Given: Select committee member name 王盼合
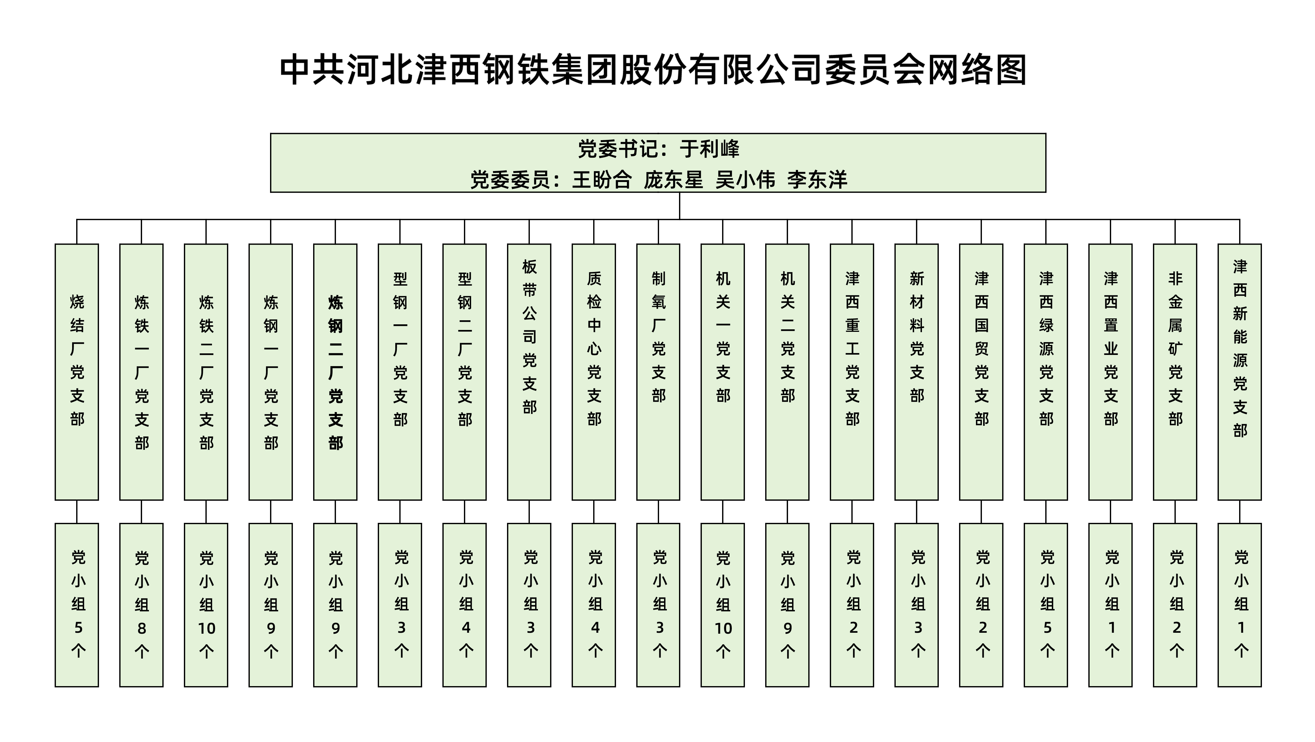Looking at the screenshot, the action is tap(602, 179).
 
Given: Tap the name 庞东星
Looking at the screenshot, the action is tap(673, 179).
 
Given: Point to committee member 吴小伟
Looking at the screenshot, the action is tap(745, 179).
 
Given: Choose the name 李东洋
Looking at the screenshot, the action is tap(817, 179).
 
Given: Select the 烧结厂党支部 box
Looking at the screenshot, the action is tap(76, 372).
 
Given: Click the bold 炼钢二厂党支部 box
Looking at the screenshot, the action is tap(335, 372).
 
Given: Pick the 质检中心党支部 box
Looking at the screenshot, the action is tap(594, 372).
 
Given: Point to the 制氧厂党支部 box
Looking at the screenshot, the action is tap(658, 372).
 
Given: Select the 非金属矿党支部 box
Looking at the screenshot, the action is tap(1175, 372).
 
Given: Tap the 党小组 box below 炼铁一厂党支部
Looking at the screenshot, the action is tap(141, 605).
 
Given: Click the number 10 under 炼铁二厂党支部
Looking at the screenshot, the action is tap(206, 628).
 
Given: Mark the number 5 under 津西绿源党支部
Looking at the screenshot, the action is tap(1047, 628).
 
